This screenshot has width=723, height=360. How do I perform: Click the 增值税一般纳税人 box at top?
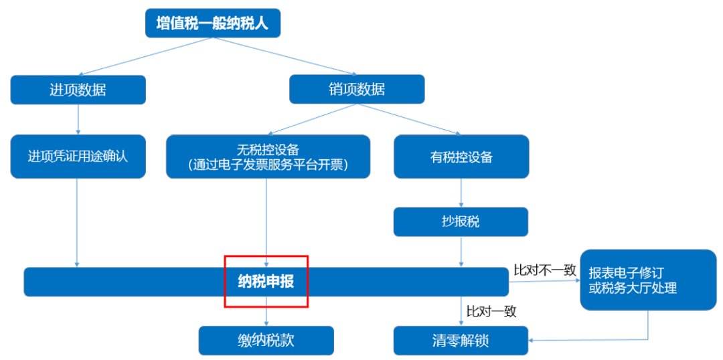212,24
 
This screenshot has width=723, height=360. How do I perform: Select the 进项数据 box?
78,90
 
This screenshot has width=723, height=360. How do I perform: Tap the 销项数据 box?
357,90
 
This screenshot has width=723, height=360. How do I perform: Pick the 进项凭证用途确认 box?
78,157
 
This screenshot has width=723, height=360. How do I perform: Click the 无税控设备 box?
268,157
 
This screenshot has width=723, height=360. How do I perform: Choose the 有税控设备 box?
461,157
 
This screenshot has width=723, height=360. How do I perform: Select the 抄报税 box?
461,221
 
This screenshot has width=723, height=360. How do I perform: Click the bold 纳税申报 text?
266,282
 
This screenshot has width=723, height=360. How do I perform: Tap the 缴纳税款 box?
266,341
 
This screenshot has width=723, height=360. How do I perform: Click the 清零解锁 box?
461,341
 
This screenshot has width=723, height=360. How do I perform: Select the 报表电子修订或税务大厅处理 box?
647,280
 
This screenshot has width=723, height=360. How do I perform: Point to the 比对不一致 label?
544,270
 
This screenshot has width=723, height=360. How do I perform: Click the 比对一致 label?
491,311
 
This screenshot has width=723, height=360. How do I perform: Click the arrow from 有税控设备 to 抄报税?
461,193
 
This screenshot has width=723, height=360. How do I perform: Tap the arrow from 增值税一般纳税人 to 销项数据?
288,56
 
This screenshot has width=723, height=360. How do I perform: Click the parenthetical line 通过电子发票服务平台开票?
268,165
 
